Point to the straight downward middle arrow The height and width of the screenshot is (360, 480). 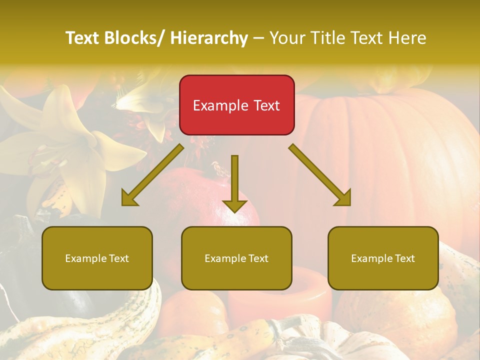[234, 183]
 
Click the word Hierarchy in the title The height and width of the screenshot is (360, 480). [209, 38]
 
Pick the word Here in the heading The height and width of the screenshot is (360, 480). [408, 38]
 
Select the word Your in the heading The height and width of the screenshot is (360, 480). [286, 38]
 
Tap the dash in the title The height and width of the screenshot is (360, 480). [258, 38]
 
